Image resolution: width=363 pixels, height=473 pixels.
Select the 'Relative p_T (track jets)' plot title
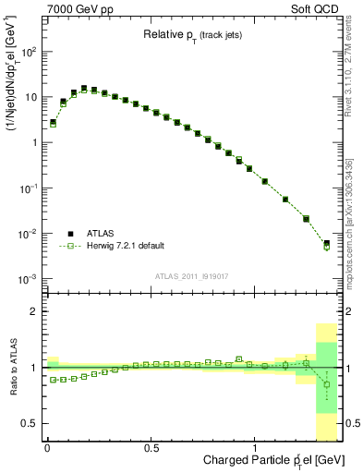coord(190,34)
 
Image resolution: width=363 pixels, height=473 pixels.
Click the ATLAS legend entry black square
coord(70,233)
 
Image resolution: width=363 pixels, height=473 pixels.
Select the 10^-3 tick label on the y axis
coord(28,279)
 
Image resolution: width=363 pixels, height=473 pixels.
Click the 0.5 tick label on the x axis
coord(151,447)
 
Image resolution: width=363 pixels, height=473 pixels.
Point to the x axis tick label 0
coord(46,447)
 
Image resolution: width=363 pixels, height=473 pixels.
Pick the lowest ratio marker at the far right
coord(326,384)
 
